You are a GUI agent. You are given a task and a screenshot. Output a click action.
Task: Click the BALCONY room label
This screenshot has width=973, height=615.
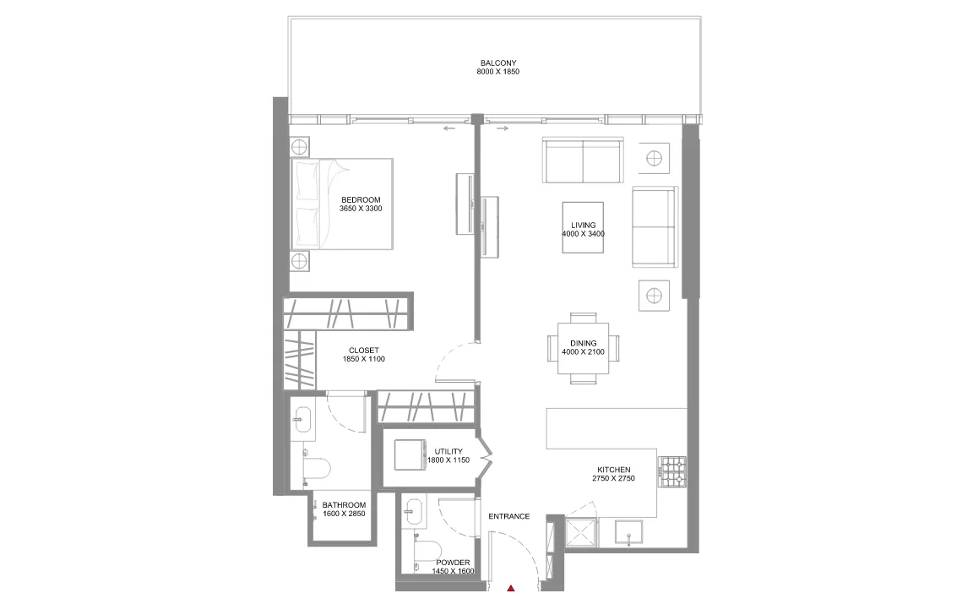click(x=497, y=63)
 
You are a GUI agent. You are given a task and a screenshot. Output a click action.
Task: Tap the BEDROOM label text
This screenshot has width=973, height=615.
click(x=361, y=200)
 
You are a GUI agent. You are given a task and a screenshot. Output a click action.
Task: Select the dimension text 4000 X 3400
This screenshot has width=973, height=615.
click(x=583, y=234)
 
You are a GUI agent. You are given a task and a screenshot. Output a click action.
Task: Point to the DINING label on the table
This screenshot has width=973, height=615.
click(x=583, y=343)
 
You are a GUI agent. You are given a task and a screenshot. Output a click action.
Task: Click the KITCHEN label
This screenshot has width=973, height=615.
click(x=614, y=470)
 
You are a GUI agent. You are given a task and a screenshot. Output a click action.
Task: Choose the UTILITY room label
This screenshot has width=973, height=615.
click(x=448, y=452)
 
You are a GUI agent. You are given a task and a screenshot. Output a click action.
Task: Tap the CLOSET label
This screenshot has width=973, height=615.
click(x=364, y=351)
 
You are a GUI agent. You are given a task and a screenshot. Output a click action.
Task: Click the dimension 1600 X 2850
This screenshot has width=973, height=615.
click(x=344, y=514)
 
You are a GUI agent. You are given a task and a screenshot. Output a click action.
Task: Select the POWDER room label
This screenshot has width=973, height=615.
click(x=453, y=563)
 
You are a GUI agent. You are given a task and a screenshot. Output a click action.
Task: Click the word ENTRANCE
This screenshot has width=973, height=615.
click(x=508, y=516)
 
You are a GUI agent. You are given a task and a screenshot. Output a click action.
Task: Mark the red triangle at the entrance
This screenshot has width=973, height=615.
click(x=511, y=588)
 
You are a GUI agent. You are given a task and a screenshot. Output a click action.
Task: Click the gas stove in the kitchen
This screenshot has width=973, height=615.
click(x=672, y=471)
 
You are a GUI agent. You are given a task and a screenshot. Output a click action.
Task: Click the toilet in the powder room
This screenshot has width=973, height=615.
click(x=428, y=550)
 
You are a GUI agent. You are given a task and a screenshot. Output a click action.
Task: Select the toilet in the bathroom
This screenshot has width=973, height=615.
click(x=317, y=467)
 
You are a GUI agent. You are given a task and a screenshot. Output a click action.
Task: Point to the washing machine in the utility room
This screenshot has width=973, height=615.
click(x=410, y=455)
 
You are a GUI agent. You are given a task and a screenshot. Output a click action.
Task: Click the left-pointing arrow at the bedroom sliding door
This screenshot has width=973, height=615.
click(x=448, y=129)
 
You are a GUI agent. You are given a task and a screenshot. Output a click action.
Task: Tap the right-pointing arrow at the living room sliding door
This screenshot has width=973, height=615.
click(x=502, y=129)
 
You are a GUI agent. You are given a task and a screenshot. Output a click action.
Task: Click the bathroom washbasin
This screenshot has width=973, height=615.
click(x=302, y=419)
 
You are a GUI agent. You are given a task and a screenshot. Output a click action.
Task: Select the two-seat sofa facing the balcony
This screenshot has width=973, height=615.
click(x=583, y=161)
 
